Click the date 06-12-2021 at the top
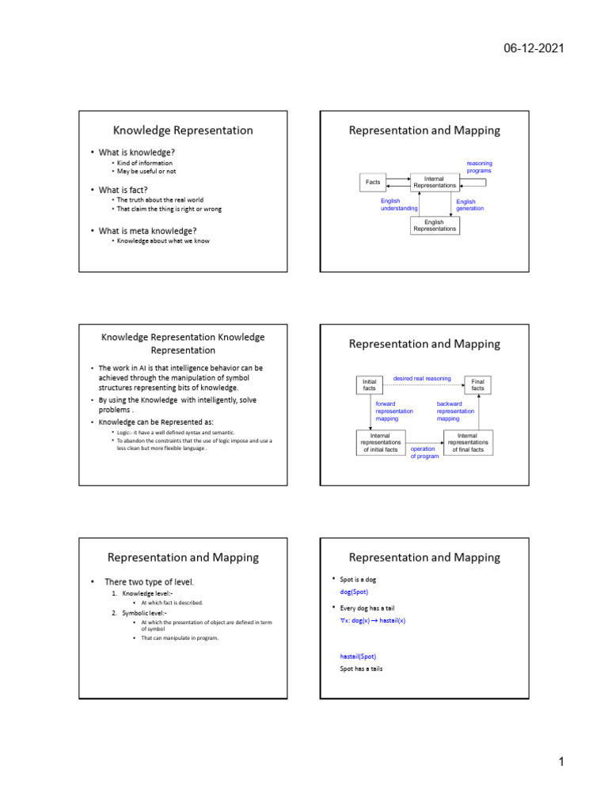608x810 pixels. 534,49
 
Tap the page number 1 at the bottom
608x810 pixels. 560,762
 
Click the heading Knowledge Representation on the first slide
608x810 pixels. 183,131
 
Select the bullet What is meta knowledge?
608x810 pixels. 147,231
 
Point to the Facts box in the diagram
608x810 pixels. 373,182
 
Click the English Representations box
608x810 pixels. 435,225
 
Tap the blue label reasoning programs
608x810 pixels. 479,167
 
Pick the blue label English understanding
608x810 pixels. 400,205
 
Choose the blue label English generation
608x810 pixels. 469,205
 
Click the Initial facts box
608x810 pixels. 369,385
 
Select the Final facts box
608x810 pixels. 477,385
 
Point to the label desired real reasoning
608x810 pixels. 422,379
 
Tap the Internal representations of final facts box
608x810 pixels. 467,442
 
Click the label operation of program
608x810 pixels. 424,452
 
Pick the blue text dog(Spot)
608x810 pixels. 354,592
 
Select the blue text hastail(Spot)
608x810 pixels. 358,656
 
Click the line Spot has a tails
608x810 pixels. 361,669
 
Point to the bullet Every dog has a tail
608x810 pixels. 367,608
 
